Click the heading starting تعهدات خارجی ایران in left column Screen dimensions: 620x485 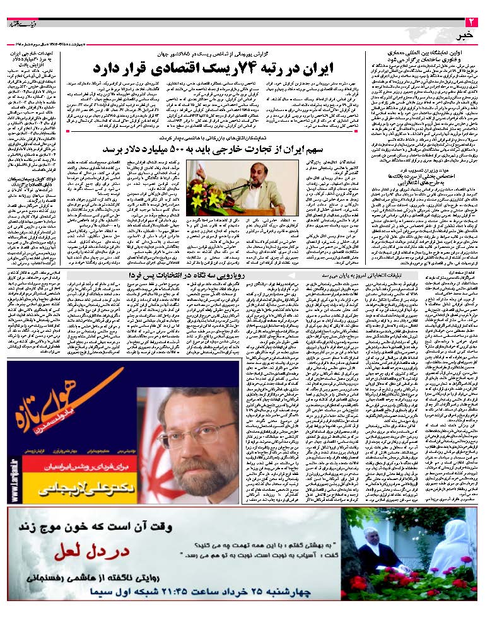(35, 59)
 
